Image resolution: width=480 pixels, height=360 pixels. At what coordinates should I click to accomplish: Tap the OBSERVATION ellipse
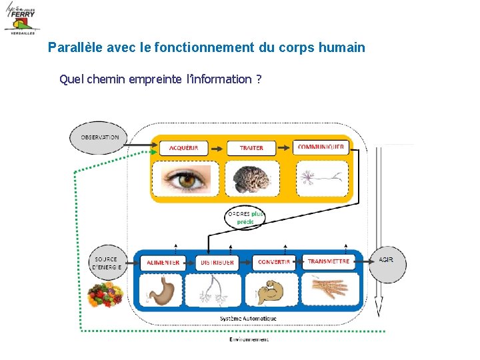99,138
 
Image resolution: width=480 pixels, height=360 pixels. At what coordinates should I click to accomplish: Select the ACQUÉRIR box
188,147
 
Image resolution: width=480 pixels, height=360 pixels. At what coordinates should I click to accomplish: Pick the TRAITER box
251,147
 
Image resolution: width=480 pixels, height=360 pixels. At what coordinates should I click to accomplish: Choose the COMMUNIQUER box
321,147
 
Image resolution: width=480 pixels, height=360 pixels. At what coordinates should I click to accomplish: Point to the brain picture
251,179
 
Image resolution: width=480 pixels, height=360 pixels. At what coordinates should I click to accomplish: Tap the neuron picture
321,179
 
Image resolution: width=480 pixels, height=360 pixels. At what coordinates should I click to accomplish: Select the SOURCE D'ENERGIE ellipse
106,263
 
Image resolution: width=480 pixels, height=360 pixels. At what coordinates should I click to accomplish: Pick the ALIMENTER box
163,263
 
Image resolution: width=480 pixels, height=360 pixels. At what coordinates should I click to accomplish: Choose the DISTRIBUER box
217,263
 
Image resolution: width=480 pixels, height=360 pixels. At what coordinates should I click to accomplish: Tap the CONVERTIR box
273,263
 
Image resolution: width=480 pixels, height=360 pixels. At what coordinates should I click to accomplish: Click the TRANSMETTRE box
329,262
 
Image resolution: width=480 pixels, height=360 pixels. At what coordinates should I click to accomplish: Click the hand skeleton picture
330,290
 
